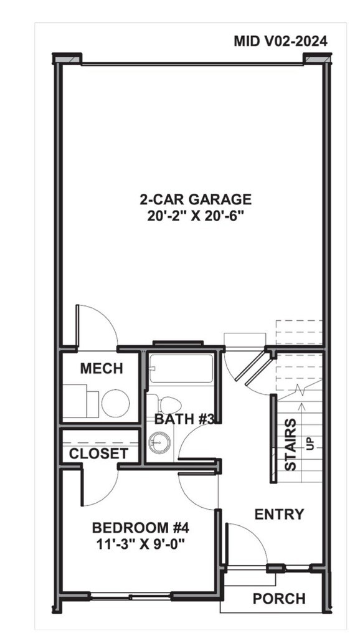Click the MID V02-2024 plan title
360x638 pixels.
pyautogui.click(x=280, y=42)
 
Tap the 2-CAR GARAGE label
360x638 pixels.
pyautogui.click(x=196, y=199)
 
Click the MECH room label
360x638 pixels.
pyautogui.click(x=102, y=369)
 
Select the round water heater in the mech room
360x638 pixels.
pyautogui.click(x=115, y=403)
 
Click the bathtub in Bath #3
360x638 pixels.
pyautogui.click(x=181, y=368)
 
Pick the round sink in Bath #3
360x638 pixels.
pyautogui.click(x=159, y=443)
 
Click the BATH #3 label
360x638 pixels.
pyautogui.click(x=184, y=419)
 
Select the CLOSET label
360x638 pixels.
pyautogui.click(x=98, y=454)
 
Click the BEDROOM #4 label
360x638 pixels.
pyautogui.click(x=141, y=528)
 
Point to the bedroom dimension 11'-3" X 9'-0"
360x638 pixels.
pyautogui.click(x=141, y=543)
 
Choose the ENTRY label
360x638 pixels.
pyautogui.click(x=279, y=514)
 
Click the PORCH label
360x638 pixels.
pyautogui.click(x=279, y=599)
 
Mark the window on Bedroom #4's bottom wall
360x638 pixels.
pyautogui.click(x=130, y=597)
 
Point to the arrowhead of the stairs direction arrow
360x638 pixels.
pyautogui.click(x=301, y=405)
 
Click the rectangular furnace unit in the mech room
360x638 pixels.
pyautogui.click(x=80, y=401)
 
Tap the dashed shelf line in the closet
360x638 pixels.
pyautogui.click(x=100, y=443)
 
